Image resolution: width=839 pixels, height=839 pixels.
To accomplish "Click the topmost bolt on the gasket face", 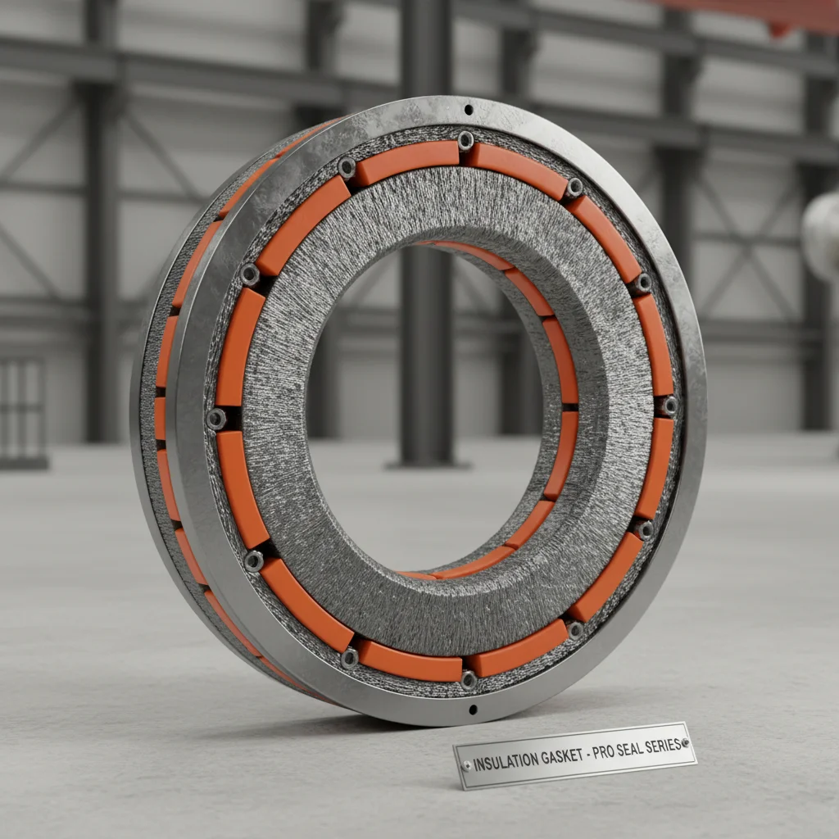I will pyautogui.click(x=465, y=140).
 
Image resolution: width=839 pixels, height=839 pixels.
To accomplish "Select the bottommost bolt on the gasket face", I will pyautogui.click(x=469, y=678).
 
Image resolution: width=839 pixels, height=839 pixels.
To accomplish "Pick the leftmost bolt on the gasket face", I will pyautogui.click(x=216, y=419).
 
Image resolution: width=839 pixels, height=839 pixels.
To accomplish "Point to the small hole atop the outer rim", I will pyautogui.click(x=468, y=109).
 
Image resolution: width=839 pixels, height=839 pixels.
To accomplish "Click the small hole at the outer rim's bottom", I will pyautogui.click(x=472, y=710).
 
